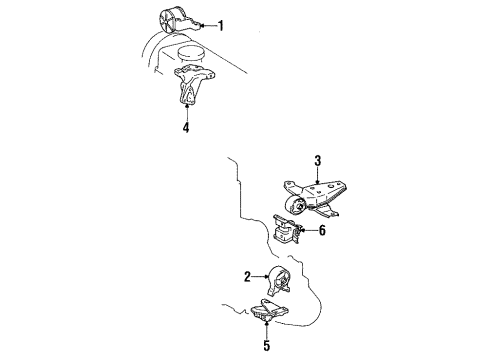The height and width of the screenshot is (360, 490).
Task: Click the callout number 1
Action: (220, 26)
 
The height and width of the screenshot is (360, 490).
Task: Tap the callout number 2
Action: (247, 277)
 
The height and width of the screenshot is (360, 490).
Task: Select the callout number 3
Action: (318, 161)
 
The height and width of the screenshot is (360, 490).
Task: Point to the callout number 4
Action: (186, 127)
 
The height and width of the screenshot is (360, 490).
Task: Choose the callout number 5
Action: (267, 345)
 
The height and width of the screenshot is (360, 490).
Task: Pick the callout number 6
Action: (322, 230)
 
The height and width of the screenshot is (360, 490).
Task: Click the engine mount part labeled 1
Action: (179, 21)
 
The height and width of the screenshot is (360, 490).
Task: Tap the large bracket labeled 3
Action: (311, 198)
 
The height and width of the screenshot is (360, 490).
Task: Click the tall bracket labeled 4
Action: (193, 85)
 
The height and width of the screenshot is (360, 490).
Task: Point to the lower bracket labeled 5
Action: (269, 311)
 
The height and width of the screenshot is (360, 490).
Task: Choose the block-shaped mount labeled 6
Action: (287, 230)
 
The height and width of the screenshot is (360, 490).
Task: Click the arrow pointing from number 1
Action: (208, 25)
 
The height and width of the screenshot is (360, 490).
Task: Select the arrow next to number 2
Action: (260, 276)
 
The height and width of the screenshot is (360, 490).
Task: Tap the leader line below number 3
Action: (318, 175)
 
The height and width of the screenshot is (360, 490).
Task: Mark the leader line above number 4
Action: (187, 112)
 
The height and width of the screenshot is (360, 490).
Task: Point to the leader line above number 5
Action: (267, 330)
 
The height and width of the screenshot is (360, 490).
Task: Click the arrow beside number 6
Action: (308, 230)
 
